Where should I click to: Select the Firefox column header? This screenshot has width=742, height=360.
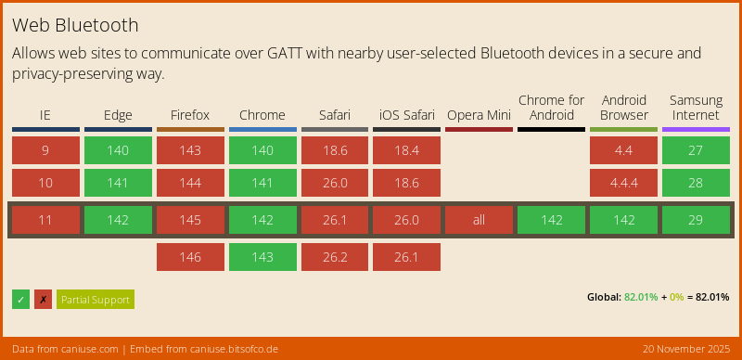pyautogui.click(x=190, y=115)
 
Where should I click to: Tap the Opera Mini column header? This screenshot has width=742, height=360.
pyautogui.click(x=479, y=115)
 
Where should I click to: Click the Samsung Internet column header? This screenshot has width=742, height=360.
pyautogui.click(x=696, y=108)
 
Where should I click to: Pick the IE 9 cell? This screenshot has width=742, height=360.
pyautogui.click(x=45, y=150)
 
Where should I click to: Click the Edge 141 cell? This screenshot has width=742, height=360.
pyautogui.click(x=118, y=183)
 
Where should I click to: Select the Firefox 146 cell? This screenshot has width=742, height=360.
pyautogui.click(x=190, y=257)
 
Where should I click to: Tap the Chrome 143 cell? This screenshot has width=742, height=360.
pyautogui.click(x=262, y=257)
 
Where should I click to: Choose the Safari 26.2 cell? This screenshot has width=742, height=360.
pyautogui.click(x=334, y=257)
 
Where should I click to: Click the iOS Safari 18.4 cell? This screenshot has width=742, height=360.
pyautogui.click(x=406, y=150)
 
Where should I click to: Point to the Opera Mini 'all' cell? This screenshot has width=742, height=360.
pyautogui.click(x=479, y=220)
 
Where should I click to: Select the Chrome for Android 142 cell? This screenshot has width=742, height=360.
pyautogui.click(x=551, y=220)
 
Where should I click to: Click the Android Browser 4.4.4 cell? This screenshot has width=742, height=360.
pyautogui.click(x=623, y=183)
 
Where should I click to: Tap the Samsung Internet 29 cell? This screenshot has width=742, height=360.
pyautogui.click(x=696, y=220)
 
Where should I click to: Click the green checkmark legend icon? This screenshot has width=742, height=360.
pyautogui.click(x=20, y=300)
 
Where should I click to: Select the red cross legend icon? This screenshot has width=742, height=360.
pyautogui.click(x=43, y=300)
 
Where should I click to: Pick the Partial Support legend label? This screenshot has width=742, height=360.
pyautogui.click(x=95, y=300)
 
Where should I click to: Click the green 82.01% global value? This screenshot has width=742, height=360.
pyautogui.click(x=641, y=297)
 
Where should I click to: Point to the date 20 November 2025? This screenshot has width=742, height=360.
pyautogui.click(x=686, y=349)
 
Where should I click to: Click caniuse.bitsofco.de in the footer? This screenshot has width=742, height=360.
pyautogui.click(x=227, y=349)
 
